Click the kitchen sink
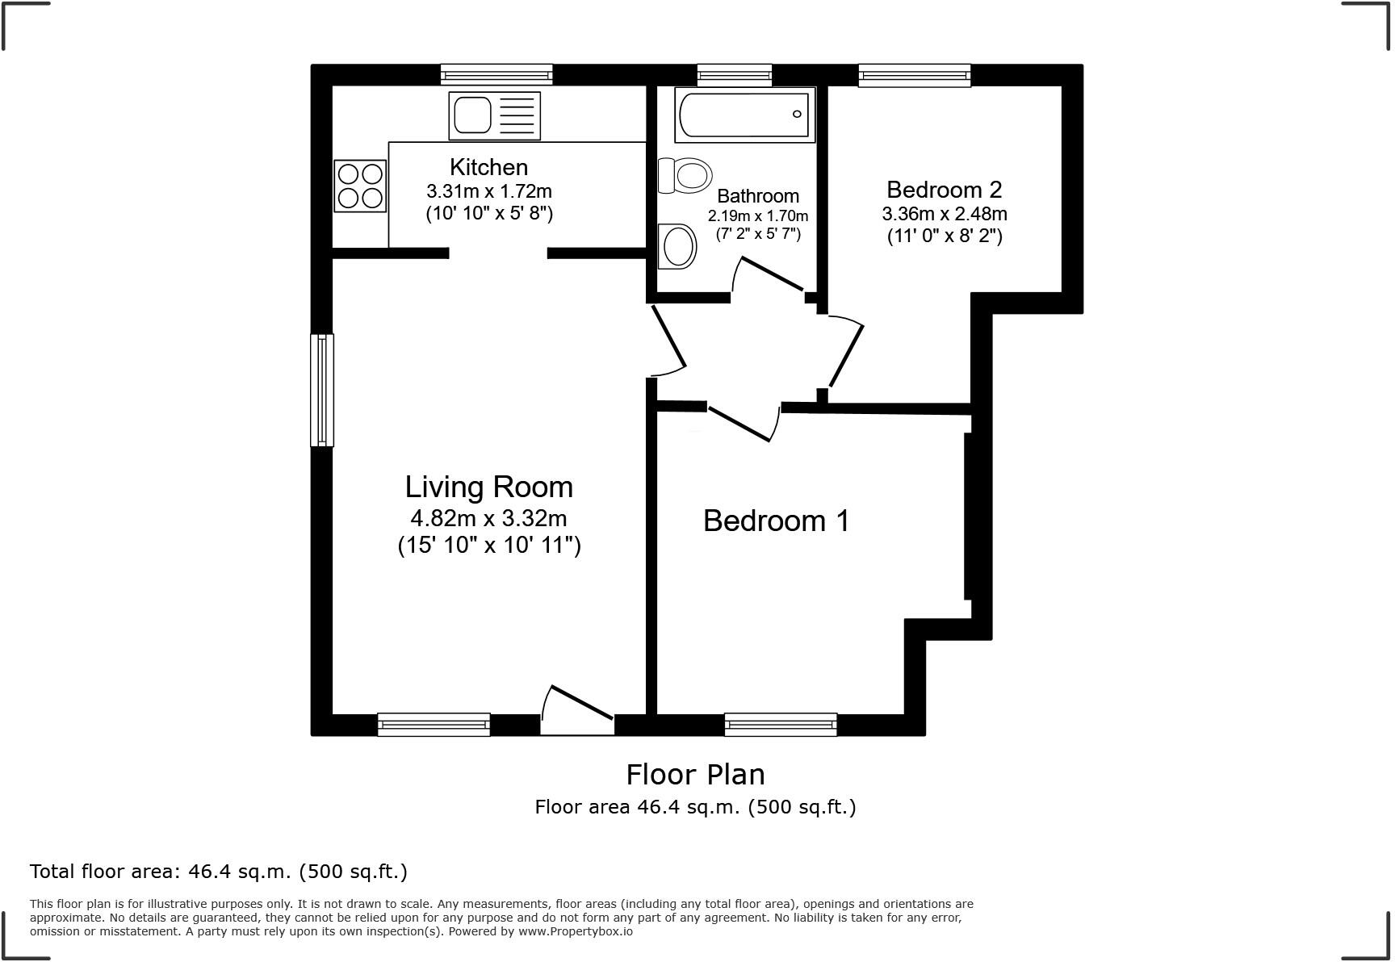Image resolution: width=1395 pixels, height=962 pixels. [x=494, y=115]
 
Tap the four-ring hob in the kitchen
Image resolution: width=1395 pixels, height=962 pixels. [x=360, y=186]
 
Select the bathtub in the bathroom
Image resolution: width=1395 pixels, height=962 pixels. [x=744, y=115]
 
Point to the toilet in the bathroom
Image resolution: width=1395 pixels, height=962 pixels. [x=685, y=175]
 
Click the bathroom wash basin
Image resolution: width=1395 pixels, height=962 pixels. [x=678, y=246]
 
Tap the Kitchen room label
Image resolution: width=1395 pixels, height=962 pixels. [x=488, y=167]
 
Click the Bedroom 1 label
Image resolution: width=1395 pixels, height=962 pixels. [x=776, y=521]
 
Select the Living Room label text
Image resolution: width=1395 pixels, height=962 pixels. [x=489, y=487]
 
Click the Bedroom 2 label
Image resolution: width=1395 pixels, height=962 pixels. [x=944, y=190]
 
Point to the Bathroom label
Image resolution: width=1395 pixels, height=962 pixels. [x=758, y=196]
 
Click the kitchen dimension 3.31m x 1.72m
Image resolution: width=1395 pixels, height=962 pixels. [x=489, y=191]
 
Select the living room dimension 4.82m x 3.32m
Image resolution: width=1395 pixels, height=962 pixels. [x=488, y=518]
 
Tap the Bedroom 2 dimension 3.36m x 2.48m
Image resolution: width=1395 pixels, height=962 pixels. [x=945, y=214]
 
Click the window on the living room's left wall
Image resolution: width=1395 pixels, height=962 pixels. [x=322, y=390]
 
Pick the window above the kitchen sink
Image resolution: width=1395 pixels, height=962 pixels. [x=496, y=75]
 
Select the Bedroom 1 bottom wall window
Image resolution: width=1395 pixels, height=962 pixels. [x=781, y=725]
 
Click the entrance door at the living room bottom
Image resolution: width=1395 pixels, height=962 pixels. [x=577, y=710]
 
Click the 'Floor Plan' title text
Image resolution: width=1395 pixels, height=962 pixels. [x=695, y=774]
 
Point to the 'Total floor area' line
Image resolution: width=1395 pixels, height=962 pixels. [x=219, y=872]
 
